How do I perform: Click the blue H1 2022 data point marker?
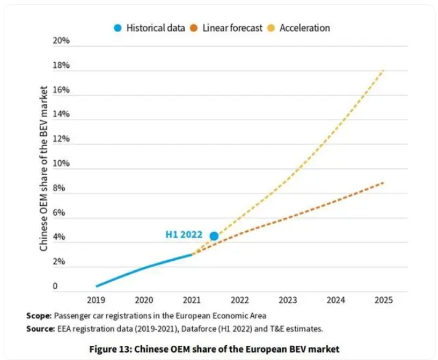pos(214,236)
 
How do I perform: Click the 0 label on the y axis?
pos(55,286)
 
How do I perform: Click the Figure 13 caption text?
pos(214,349)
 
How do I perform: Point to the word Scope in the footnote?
pos(39,316)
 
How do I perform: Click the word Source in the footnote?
pos(41,329)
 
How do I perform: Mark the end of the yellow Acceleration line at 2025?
pos(383,71)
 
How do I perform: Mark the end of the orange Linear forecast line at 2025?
pos(383,182)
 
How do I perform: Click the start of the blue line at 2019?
pos(97,286)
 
